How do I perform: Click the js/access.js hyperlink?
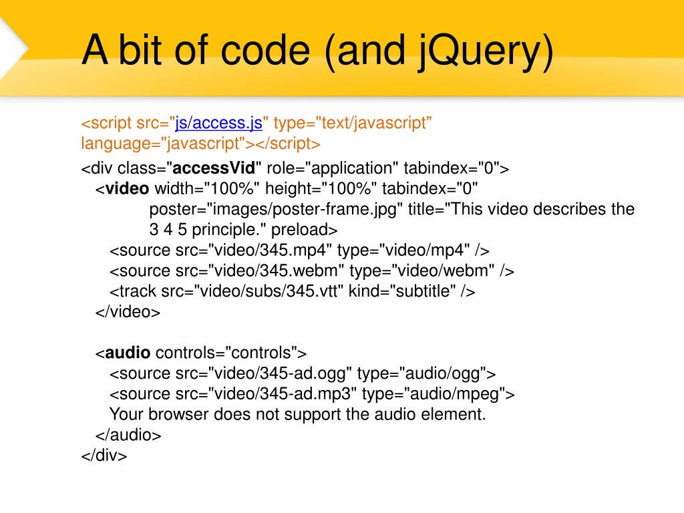pos(219,123)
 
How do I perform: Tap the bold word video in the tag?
pos(128,188)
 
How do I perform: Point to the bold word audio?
pos(128,353)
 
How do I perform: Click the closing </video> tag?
pos(128,312)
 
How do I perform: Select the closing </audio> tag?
pos(128,436)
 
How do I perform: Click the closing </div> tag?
pos(104,456)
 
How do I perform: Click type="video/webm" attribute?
pos(422,271)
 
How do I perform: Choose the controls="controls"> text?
pos(230,353)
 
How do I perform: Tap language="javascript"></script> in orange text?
pos(201,143)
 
